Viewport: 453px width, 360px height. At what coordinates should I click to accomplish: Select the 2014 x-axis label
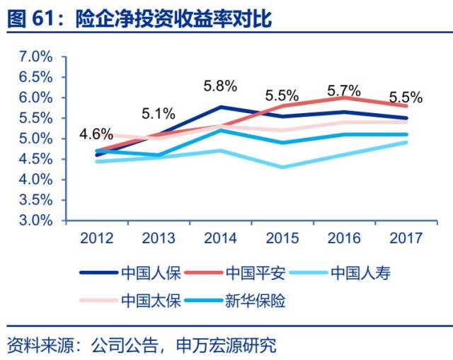[220, 238]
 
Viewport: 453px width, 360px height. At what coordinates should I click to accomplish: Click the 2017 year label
[406, 238]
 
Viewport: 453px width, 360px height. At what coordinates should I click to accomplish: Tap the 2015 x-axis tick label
[282, 238]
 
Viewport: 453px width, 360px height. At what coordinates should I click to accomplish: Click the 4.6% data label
[96, 134]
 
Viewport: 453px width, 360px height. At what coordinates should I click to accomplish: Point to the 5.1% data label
[159, 112]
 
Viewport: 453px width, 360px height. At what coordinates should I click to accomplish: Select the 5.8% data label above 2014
[220, 86]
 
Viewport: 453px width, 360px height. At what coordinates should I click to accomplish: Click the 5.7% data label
[344, 91]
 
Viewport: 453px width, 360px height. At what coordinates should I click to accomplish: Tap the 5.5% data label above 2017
[406, 98]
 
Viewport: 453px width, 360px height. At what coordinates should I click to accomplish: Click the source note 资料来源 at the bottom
[142, 345]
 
